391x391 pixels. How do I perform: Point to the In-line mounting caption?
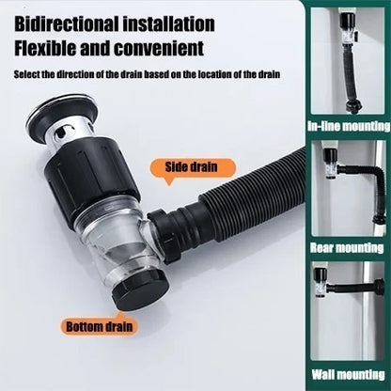349,128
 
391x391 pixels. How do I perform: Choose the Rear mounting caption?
349,250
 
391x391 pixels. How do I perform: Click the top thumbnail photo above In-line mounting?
349,62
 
